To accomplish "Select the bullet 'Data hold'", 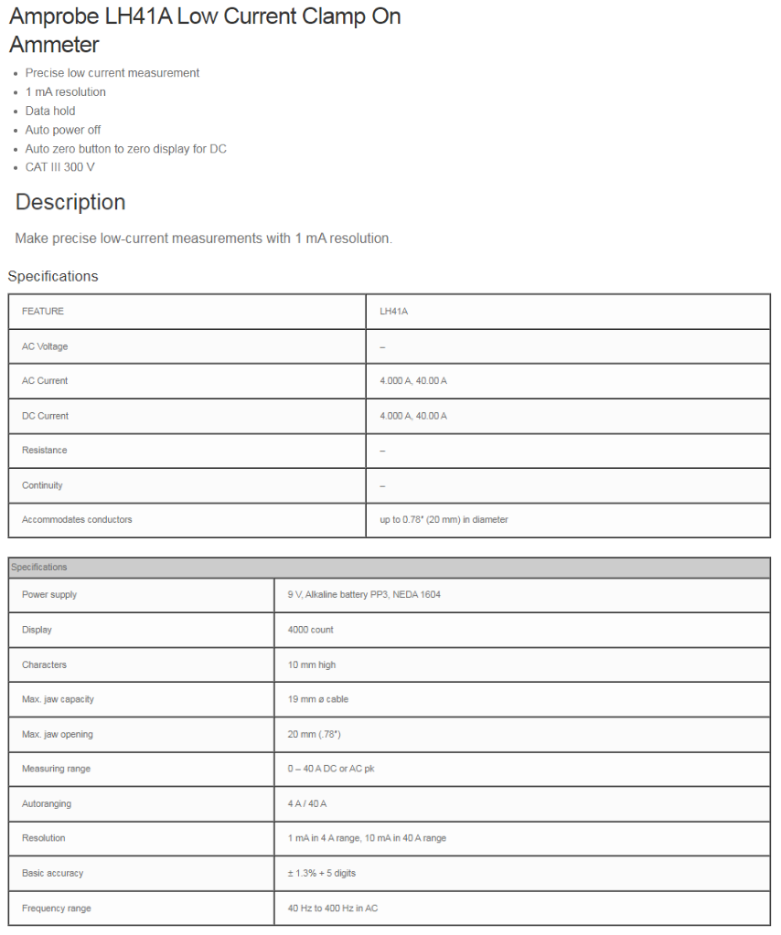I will (x=50, y=111).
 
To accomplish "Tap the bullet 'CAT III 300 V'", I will (x=59, y=167).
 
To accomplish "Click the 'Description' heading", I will (x=70, y=202).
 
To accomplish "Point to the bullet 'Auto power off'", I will (x=63, y=130).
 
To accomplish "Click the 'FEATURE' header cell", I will (x=43, y=312).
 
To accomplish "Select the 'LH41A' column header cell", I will (x=393, y=312).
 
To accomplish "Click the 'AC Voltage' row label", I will (x=45, y=346).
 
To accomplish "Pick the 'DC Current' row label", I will (x=45, y=416).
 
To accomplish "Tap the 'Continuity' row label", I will (x=42, y=485).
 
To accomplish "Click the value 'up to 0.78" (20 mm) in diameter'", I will (x=444, y=520).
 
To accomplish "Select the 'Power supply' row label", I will (x=49, y=595).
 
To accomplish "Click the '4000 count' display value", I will (x=310, y=630).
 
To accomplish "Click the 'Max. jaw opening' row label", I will (x=58, y=734).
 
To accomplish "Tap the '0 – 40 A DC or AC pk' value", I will (x=330, y=769).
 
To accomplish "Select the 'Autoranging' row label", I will (x=47, y=803).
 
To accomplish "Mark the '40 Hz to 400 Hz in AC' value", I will (x=332, y=908).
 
